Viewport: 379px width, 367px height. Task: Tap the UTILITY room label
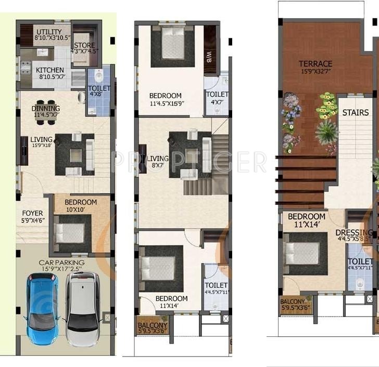click(49, 32)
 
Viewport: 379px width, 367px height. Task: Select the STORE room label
click(84, 45)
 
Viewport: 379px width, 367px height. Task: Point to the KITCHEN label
click(50, 70)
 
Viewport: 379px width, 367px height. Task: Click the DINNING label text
click(46, 109)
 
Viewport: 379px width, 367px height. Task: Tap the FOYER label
click(32, 214)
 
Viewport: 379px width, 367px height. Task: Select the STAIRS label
click(356, 112)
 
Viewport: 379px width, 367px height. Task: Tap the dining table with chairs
click(46, 112)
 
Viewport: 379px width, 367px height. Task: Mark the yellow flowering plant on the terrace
click(327, 106)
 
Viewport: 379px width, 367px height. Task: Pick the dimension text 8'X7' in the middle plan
click(157, 165)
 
